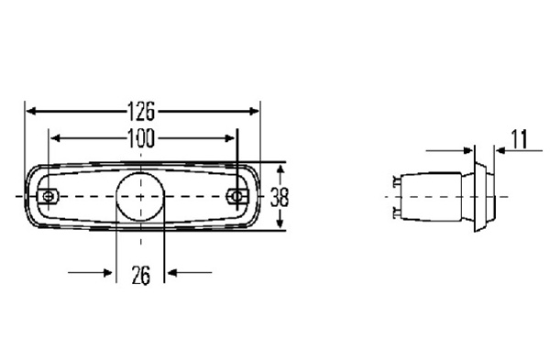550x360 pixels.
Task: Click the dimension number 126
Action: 140,112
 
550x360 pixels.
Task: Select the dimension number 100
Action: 140,138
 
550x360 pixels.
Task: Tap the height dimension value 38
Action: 280,197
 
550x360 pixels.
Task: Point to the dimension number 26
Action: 141,275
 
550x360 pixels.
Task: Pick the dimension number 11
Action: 520,139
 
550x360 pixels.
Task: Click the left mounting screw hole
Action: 49,196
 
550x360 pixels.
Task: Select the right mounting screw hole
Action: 237,196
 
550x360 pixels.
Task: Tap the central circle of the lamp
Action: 140,196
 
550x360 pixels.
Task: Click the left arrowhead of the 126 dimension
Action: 31,112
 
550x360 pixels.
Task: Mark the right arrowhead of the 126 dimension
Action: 254,112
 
